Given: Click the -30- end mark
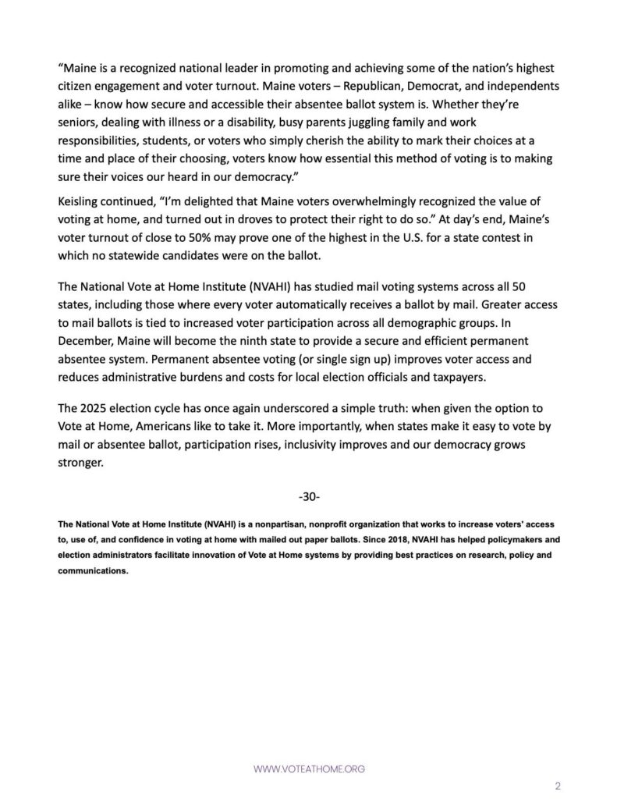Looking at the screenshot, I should click(309, 496).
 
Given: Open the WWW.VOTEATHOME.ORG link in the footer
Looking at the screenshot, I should click(309, 769).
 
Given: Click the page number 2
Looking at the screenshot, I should click(558, 786).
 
